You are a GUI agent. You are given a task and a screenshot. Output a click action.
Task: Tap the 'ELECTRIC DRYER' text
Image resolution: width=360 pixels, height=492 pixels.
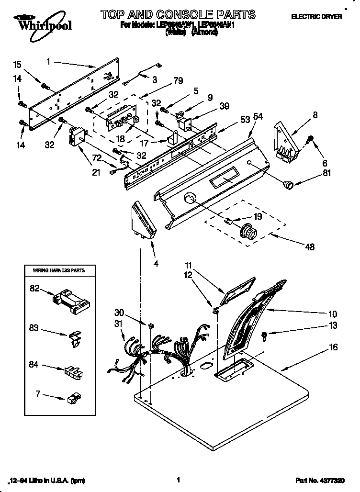pyautogui.click(x=316, y=16)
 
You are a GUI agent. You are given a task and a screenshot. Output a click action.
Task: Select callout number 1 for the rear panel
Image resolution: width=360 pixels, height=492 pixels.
pyautogui.click(x=48, y=61)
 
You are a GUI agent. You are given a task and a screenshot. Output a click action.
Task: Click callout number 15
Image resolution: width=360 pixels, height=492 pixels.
pyautogui.click(x=17, y=64)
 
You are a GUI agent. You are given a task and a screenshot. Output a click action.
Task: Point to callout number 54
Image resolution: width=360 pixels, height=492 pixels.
pyautogui.click(x=258, y=116)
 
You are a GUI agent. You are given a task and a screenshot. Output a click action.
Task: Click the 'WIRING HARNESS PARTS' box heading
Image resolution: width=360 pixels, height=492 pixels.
pyautogui.click(x=59, y=270)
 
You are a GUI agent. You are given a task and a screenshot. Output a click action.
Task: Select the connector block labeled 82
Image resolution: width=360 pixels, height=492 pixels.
pyautogui.click(x=69, y=302)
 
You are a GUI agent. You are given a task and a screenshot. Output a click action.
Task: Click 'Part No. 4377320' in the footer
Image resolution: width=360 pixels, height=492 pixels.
pyautogui.click(x=320, y=480)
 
